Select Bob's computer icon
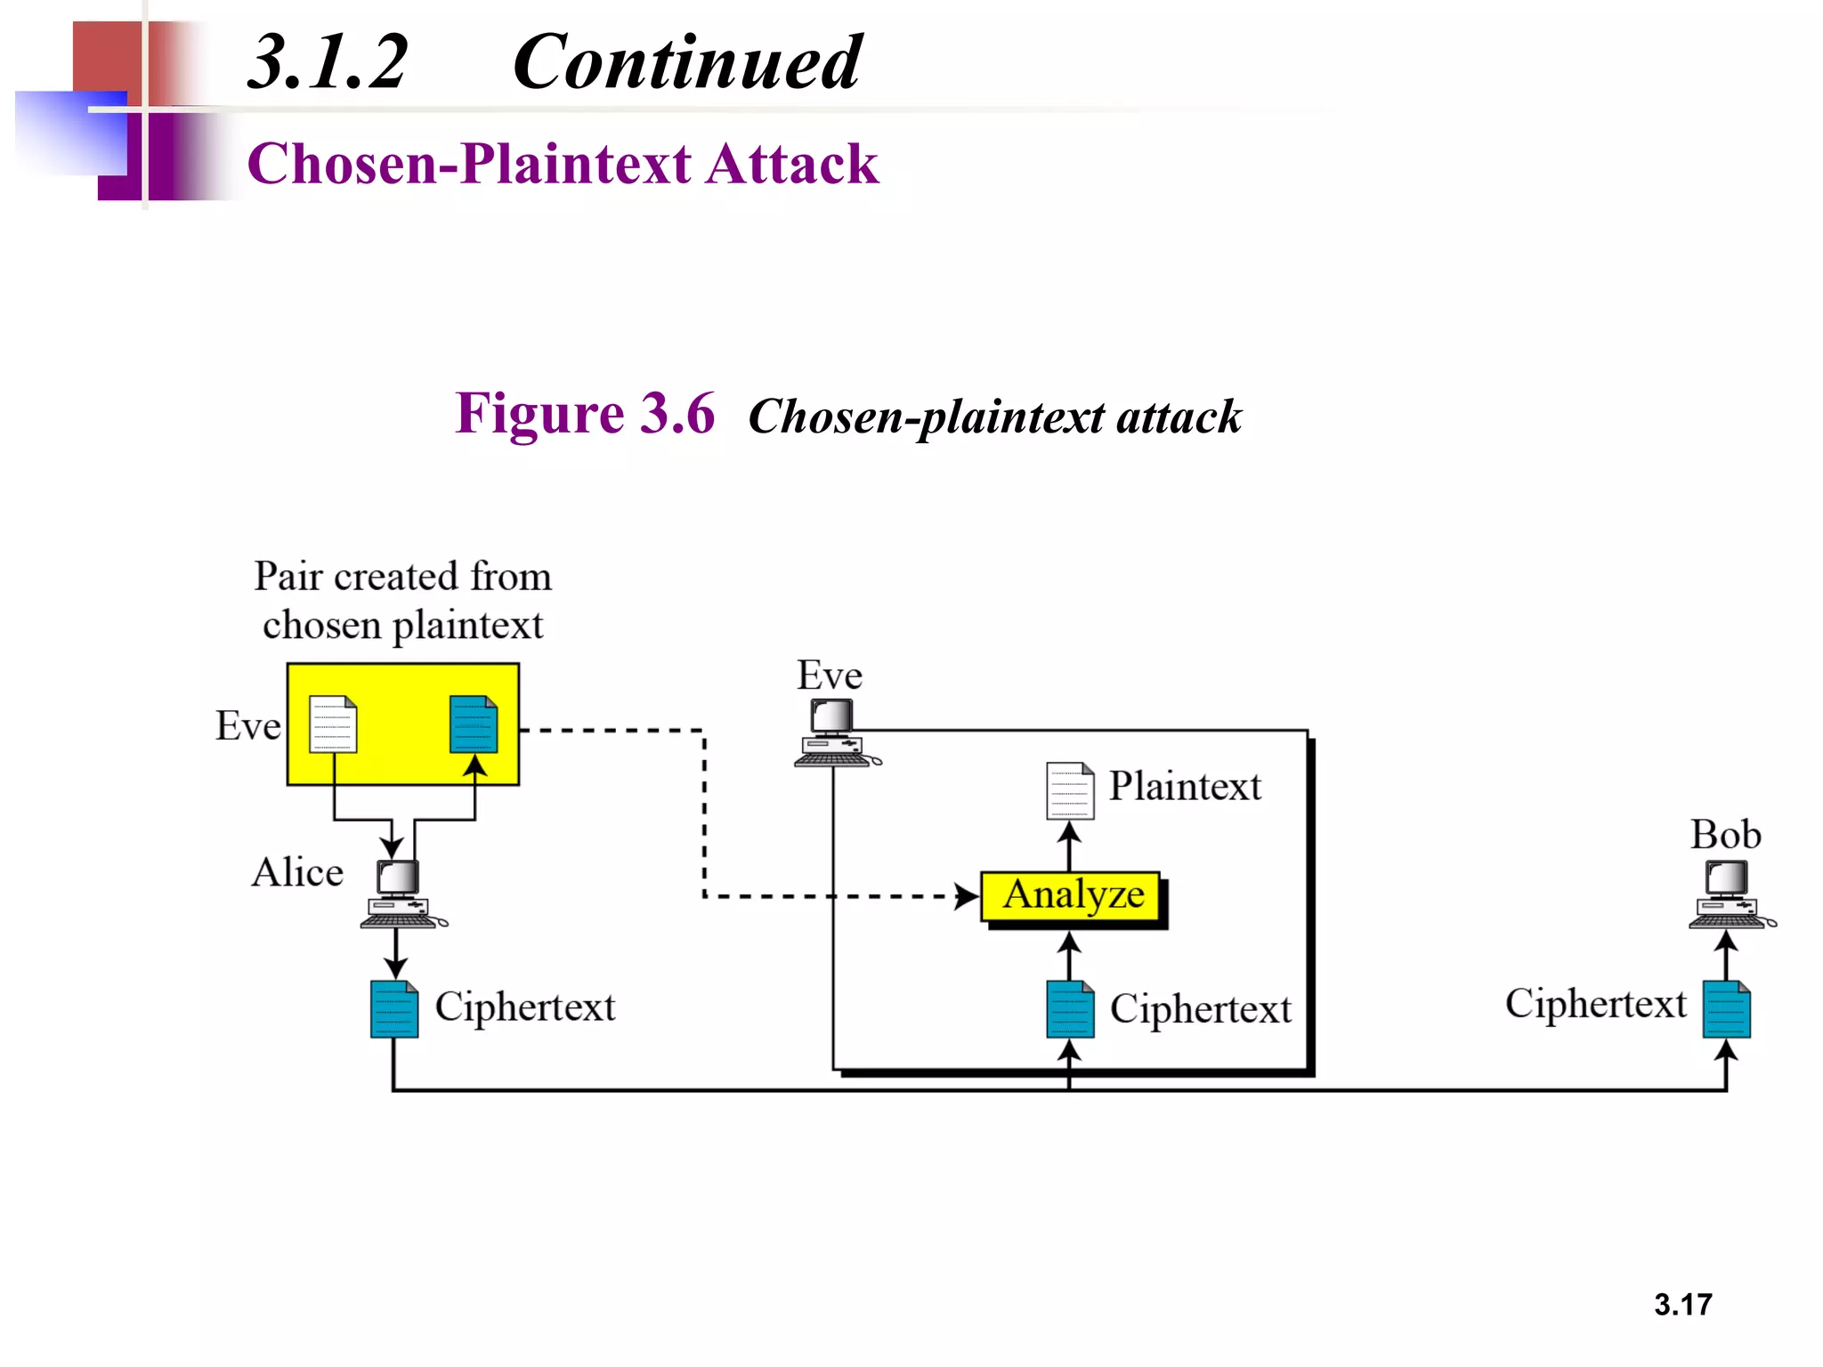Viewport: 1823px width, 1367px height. pos(1728,894)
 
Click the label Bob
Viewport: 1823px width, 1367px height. pos(1725,835)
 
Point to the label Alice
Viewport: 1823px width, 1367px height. pos(297,872)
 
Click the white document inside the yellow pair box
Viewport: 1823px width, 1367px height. pos(333,724)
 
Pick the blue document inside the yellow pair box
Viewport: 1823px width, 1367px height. pos(474,724)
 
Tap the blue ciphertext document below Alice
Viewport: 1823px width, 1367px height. pos(394,1009)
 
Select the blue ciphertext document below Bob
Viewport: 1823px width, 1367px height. pos(1726,1009)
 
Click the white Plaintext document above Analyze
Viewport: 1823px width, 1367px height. pos(1069,790)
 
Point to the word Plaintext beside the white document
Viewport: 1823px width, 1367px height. pos(1185,786)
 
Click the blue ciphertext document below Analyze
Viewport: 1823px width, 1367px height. pos(1070,1009)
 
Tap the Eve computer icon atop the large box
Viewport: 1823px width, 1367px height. pos(834,732)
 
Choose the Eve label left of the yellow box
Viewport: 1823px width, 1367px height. pos(248,725)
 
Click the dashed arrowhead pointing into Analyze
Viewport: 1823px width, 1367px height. pos(967,896)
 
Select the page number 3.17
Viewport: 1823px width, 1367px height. pos(1682,1305)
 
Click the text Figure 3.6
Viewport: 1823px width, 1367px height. pos(585,414)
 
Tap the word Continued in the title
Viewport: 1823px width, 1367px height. pos(686,62)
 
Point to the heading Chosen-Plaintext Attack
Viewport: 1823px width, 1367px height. pos(563,164)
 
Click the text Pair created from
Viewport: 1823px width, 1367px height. pos(402,577)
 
